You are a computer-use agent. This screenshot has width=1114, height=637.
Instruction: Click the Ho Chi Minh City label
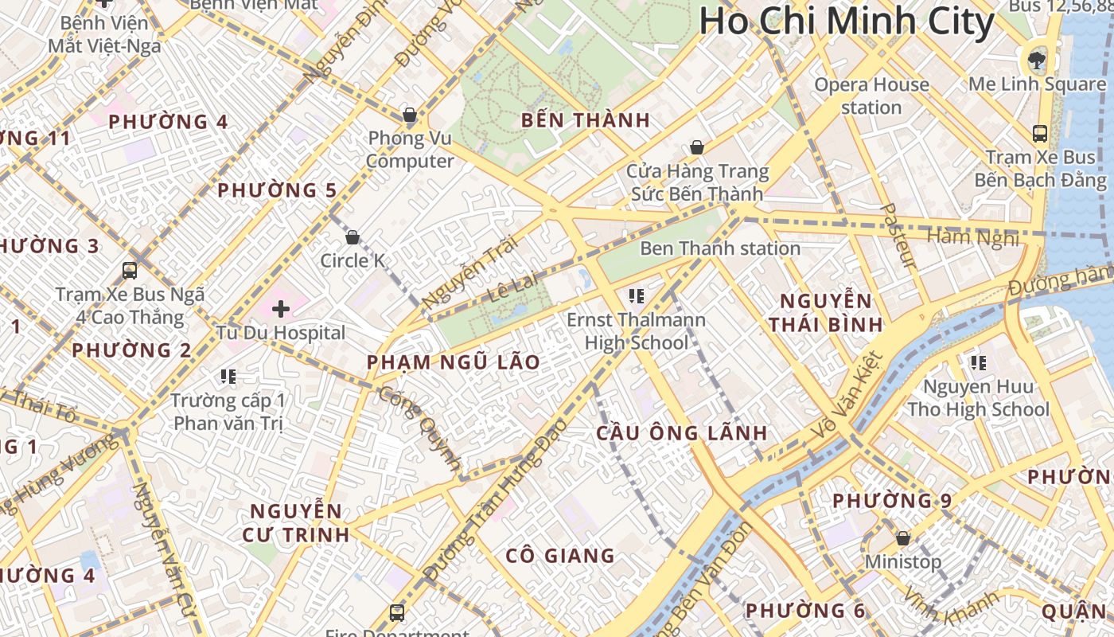point(847,21)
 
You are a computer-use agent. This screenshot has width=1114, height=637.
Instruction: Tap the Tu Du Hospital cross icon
point(281,308)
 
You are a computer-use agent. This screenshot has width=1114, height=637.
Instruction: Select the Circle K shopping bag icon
point(353,237)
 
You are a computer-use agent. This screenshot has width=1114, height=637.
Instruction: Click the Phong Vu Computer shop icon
point(410,115)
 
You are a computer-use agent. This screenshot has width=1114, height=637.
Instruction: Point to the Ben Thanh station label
point(719,248)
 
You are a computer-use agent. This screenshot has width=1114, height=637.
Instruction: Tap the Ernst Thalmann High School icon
point(636,296)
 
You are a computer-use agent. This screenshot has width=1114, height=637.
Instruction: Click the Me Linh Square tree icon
point(1037,58)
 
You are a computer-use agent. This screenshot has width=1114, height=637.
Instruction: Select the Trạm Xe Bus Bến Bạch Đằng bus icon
point(1040,133)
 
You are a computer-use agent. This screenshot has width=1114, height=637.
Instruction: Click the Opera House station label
point(871,96)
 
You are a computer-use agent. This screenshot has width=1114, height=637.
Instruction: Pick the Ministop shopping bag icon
point(902,538)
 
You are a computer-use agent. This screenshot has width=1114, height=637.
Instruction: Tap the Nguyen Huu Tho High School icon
point(978,364)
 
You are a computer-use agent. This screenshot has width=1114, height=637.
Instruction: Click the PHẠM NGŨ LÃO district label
point(453,362)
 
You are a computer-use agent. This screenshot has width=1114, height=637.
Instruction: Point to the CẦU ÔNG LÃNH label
point(682,433)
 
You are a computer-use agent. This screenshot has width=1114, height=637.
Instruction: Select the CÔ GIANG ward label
point(560,556)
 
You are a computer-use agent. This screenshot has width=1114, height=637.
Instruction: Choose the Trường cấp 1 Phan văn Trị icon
point(228,376)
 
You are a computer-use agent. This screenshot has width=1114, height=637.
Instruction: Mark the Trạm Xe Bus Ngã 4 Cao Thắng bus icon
point(130,271)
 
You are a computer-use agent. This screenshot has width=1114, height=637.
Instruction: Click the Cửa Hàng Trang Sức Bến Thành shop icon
point(696,147)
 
